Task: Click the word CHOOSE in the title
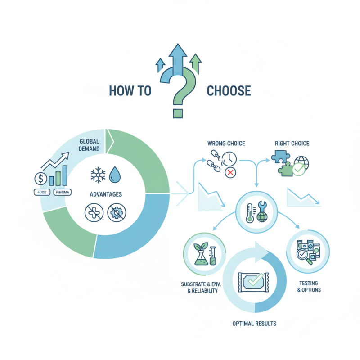229,91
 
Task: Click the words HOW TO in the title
130,91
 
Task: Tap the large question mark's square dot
178,113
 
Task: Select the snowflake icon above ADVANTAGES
98,175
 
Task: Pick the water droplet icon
115,175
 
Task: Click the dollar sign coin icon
41,179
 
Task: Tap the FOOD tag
42,192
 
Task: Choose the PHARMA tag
63,192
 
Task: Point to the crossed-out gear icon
117,212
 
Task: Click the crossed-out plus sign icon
94,212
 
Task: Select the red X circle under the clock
230,173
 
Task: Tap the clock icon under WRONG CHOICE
229,159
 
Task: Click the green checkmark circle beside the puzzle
299,170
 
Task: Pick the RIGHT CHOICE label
292,144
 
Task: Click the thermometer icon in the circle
250,213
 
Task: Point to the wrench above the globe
262,206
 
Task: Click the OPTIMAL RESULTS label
254,324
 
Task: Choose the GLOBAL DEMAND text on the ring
89,145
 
